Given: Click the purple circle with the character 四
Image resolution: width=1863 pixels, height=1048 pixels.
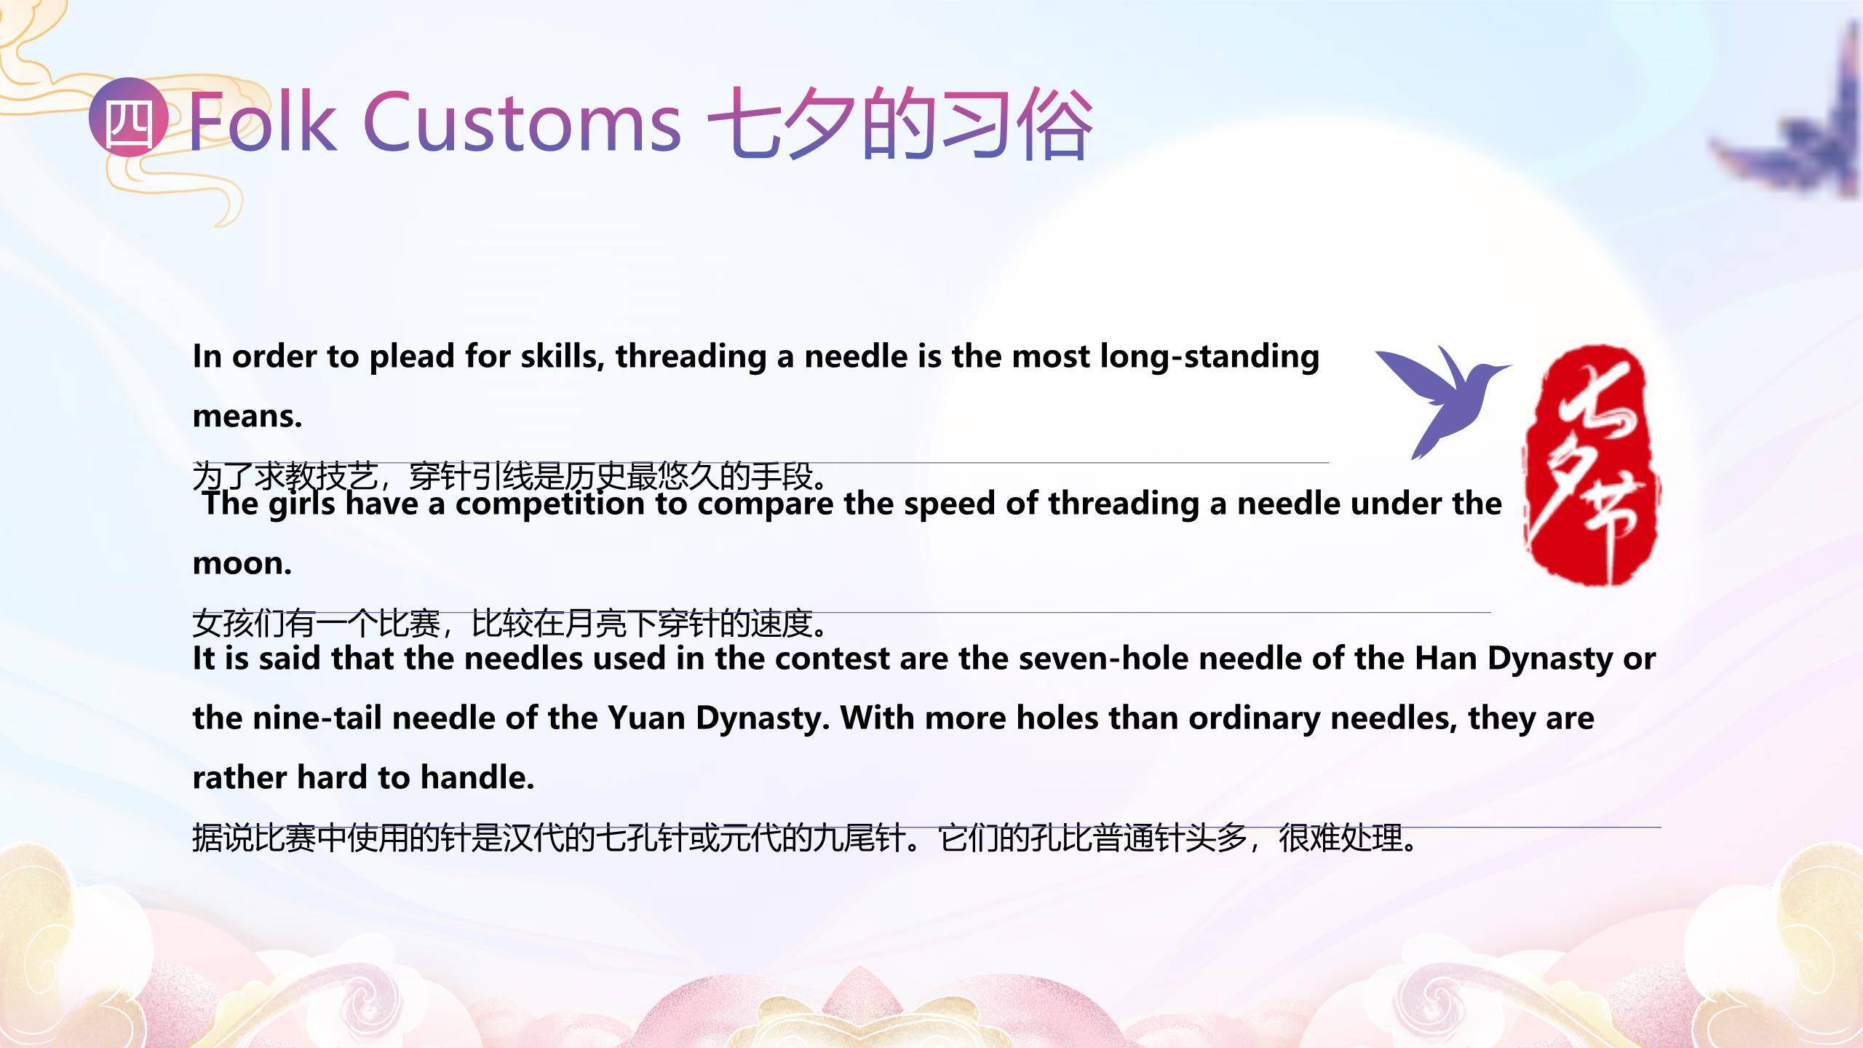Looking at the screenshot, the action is [128, 117].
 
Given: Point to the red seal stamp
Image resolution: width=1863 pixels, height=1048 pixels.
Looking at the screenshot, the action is [1592, 466].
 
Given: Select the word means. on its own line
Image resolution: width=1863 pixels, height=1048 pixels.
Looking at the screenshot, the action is [247, 417].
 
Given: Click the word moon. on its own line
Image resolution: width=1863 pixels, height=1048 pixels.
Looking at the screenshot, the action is [242, 564].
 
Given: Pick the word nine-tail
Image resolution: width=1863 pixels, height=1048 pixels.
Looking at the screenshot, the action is [317, 718].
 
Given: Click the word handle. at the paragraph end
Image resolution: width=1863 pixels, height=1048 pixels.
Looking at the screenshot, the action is [477, 778].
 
